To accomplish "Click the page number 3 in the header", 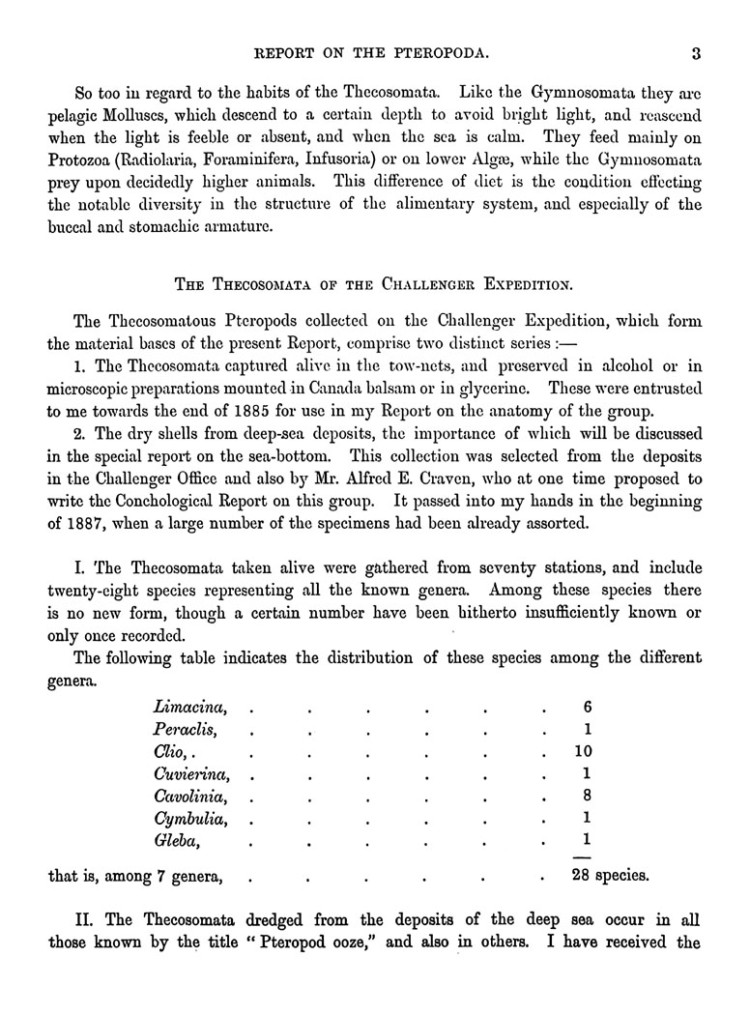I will pyautogui.click(x=695, y=54).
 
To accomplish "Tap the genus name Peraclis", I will pyautogui.click(x=184, y=730).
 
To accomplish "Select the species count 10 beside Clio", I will pyautogui.click(x=583, y=752).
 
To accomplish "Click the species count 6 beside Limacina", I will pyautogui.click(x=587, y=708).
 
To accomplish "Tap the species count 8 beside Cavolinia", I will pyautogui.click(x=587, y=797).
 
